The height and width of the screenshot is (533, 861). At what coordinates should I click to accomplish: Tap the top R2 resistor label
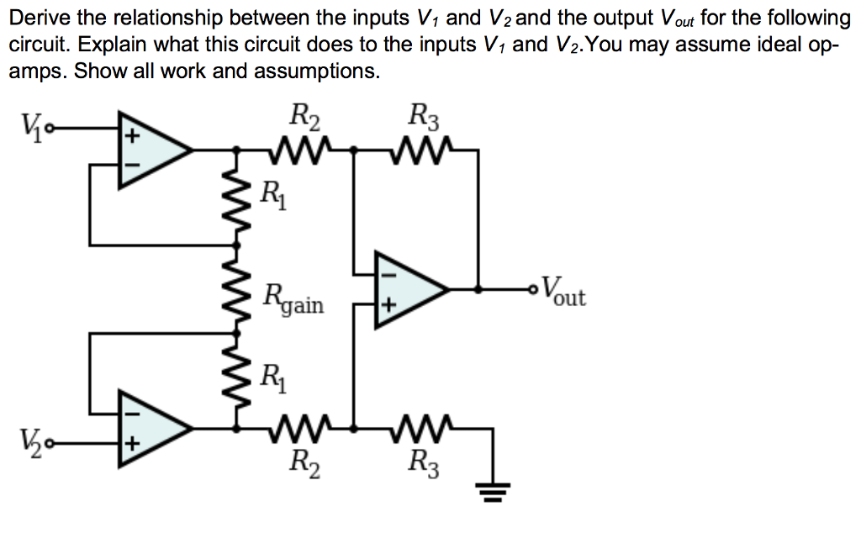(x=304, y=115)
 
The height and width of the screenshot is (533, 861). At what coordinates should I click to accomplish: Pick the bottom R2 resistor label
(x=304, y=462)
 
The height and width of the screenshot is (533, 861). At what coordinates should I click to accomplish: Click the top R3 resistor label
(x=424, y=115)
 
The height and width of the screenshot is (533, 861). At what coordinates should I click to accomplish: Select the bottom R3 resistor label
(x=424, y=462)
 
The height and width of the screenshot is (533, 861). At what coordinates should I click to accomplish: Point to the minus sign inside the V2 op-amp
(x=131, y=412)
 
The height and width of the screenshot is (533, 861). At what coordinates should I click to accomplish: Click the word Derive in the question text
(x=40, y=18)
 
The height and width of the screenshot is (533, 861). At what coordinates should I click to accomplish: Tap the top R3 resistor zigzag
(x=424, y=150)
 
